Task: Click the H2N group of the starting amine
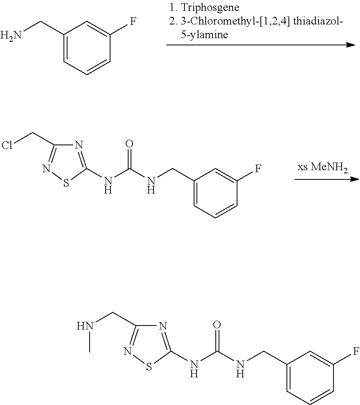coord(11,36)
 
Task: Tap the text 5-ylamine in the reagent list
coord(205,35)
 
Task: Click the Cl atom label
coord(8,145)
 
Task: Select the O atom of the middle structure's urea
coord(129,144)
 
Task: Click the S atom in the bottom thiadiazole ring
coord(149,367)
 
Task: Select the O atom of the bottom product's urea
coord(218,325)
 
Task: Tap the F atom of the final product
coord(355,352)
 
